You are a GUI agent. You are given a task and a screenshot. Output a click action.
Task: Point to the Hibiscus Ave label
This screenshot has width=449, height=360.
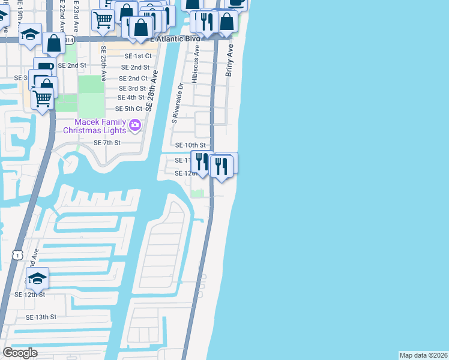(x=196, y=71)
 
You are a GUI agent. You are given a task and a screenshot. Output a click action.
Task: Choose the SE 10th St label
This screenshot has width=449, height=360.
(x=190, y=145)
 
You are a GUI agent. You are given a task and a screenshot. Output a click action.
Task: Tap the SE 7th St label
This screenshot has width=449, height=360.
(x=107, y=143)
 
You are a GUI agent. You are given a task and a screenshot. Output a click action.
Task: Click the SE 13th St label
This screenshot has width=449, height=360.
(x=41, y=317)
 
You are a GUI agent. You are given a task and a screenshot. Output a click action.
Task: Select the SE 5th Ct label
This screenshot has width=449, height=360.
(x=128, y=109)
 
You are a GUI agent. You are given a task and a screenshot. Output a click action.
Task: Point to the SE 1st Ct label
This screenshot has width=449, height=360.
(x=136, y=56)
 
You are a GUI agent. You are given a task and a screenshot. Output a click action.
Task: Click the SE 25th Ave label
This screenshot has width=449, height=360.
(x=103, y=64)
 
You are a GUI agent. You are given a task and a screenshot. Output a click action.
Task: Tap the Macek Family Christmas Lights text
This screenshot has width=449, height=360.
(x=95, y=126)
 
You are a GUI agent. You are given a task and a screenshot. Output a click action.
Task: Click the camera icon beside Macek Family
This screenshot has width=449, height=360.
(x=135, y=125)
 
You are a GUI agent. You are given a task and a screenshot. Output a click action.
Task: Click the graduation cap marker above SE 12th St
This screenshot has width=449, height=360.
(x=37, y=278)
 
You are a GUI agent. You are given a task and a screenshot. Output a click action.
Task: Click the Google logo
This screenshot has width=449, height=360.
(x=20, y=353)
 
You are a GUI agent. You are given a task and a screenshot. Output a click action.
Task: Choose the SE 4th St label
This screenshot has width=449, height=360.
(x=131, y=97)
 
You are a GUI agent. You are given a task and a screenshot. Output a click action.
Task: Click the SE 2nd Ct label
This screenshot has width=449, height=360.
(x=133, y=79)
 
